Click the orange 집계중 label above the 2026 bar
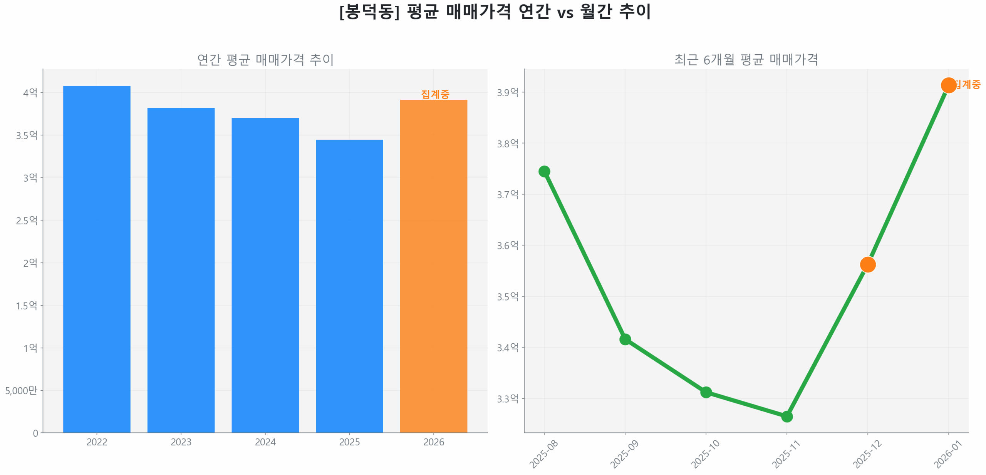[x=435, y=94]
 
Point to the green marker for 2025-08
[x=544, y=171]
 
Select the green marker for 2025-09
[x=625, y=339]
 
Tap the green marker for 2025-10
[x=706, y=392]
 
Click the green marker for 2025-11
[x=786, y=416]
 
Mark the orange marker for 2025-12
[x=867, y=264]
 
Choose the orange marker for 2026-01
[x=948, y=85]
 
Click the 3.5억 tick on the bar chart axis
[x=27, y=135]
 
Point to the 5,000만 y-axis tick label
[x=21, y=390]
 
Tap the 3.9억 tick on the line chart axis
[x=507, y=92]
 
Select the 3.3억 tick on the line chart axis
[x=507, y=398]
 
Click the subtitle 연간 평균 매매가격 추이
[x=265, y=60]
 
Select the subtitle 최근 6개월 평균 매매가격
[x=746, y=60]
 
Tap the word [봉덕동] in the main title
[x=369, y=12]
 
